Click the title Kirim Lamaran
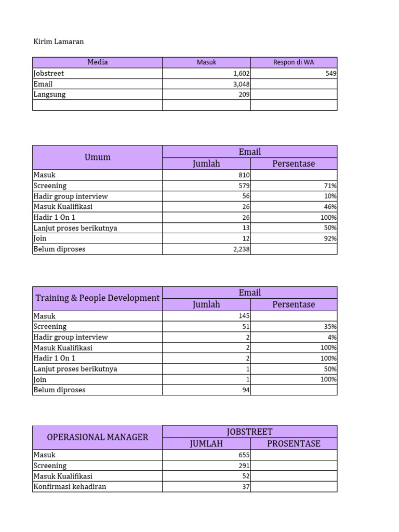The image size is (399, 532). coord(58,42)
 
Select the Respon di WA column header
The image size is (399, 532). coord(294,62)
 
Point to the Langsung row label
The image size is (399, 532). coord(49,95)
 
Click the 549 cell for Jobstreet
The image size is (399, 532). coord(330,74)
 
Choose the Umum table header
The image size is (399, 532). coord(98,157)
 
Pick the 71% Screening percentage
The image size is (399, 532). coord(329,186)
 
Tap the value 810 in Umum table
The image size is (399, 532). coord(244,176)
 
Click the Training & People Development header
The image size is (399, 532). coord(98,298)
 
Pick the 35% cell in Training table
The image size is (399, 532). coord(329,327)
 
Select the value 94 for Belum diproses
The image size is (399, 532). coord(246,390)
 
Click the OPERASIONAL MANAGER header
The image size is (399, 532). coord(98,437)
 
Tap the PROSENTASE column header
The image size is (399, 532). coord(294,444)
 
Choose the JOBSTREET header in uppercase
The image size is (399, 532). coord(250,432)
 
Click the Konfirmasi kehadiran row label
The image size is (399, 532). coord(70,487)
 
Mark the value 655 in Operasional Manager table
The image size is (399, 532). coord(244,455)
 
